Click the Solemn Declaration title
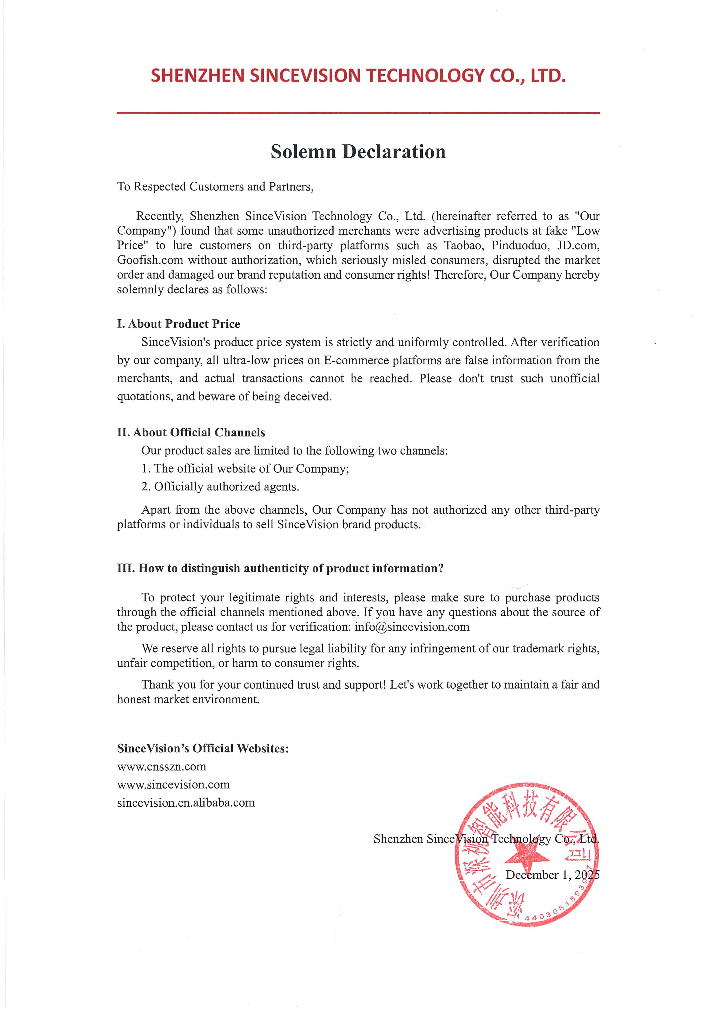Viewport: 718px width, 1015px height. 358,152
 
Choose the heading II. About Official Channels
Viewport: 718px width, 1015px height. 191,432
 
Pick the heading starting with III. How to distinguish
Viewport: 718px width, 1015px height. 280,568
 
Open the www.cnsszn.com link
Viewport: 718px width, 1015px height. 162,766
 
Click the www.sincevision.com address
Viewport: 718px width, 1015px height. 173,785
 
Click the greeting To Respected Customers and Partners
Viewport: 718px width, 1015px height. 215,187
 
